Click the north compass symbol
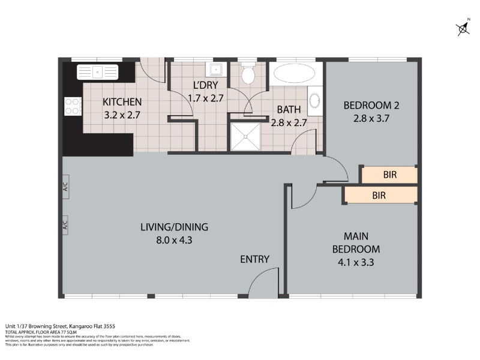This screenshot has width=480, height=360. (463, 28)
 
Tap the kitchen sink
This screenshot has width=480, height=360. (98, 73)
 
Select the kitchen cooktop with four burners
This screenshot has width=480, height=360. (72, 106)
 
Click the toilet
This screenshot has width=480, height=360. (248, 75)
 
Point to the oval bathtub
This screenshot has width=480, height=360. (293, 75)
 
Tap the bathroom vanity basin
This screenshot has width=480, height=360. (315, 101)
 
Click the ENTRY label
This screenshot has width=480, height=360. (254, 259)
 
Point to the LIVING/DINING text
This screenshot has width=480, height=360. (174, 227)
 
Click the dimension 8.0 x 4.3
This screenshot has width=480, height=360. (174, 240)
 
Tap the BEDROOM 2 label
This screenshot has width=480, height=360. (371, 106)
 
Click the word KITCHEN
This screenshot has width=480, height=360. (122, 101)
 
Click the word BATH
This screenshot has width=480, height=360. (288, 110)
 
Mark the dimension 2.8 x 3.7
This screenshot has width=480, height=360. (371, 119)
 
